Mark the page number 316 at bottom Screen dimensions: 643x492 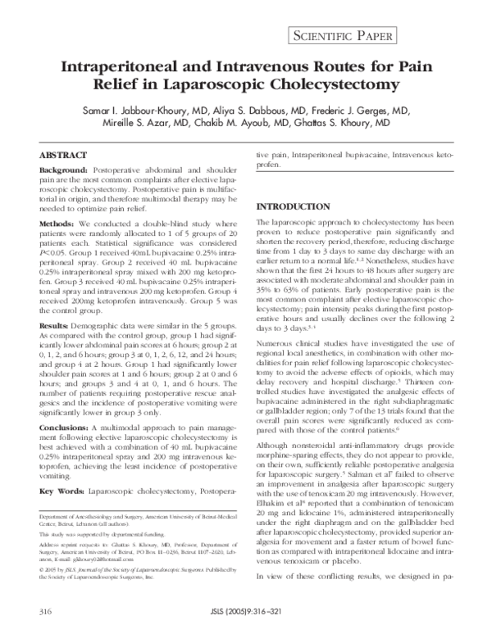coord(46,612)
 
